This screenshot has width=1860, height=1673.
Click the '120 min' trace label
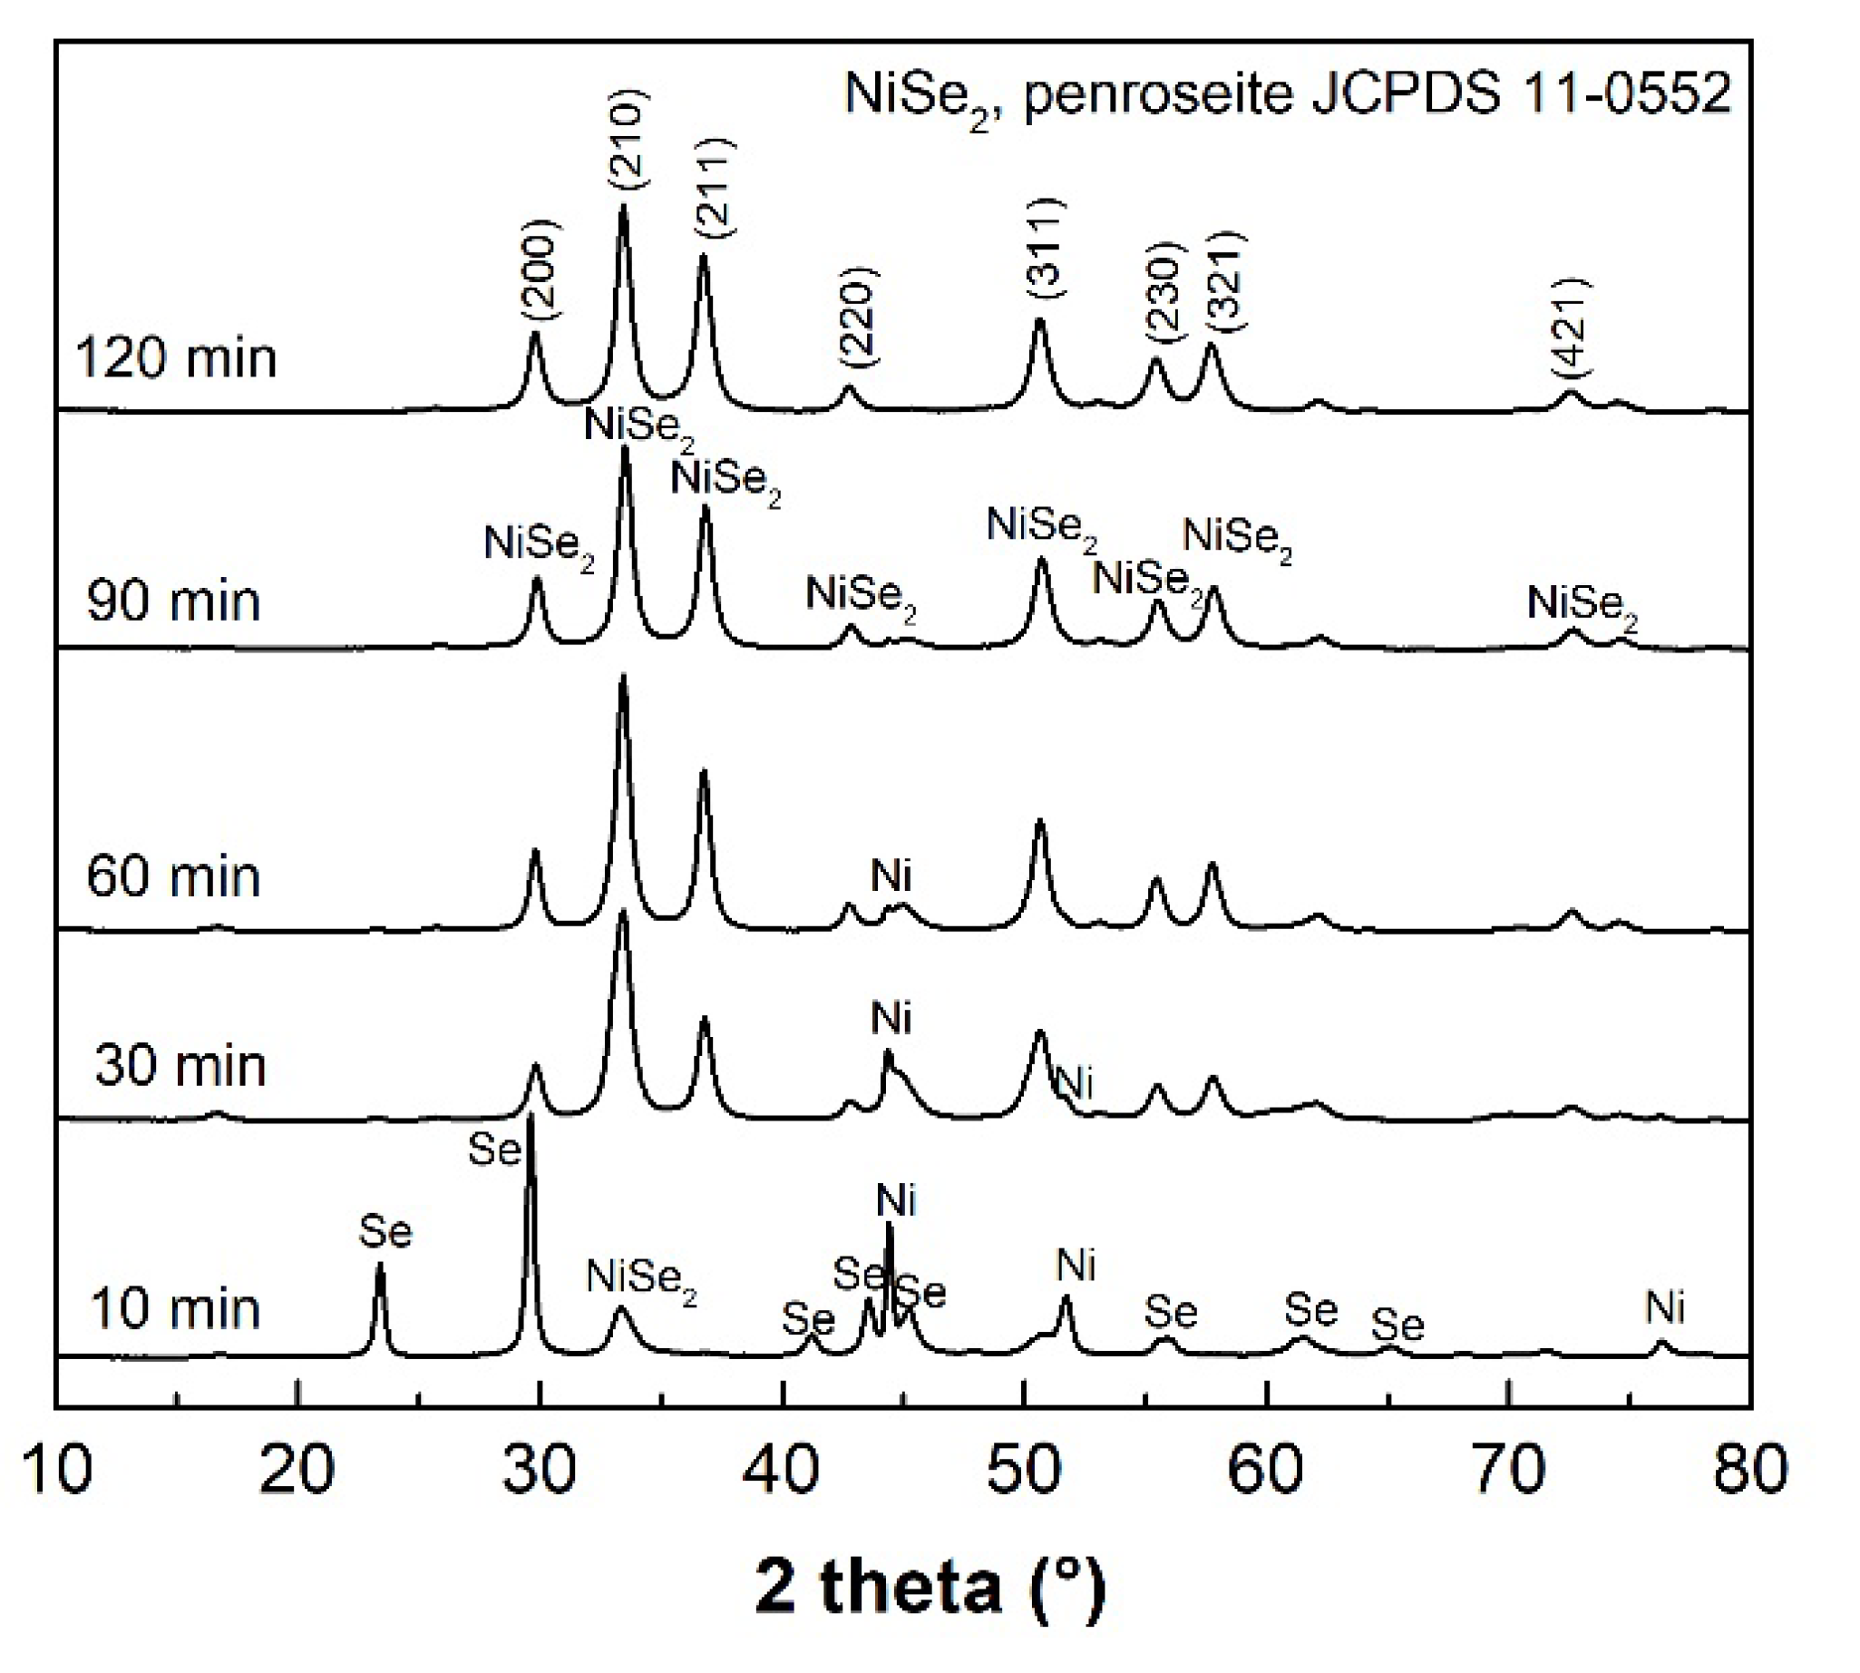click(176, 357)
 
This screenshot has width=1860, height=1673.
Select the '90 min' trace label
click(174, 602)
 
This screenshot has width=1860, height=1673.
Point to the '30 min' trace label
click(180, 1066)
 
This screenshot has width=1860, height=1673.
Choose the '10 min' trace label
click(176, 1309)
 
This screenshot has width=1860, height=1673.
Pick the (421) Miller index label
click(1571, 327)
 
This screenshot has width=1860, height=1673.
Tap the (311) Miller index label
click(1046, 247)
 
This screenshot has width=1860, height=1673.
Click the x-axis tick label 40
click(781, 1469)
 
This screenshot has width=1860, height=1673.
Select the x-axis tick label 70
click(1508, 1469)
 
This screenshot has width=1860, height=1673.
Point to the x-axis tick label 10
click(57, 1469)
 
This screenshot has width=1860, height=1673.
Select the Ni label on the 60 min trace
click(891, 876)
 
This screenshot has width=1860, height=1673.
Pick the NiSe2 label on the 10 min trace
click(641, 1277)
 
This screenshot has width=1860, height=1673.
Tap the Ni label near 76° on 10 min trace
click(1664, 1307)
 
